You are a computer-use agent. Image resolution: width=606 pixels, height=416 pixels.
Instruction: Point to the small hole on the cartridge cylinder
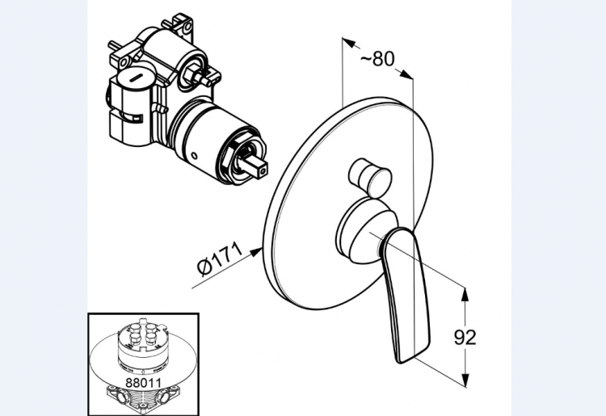click(193, 155)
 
